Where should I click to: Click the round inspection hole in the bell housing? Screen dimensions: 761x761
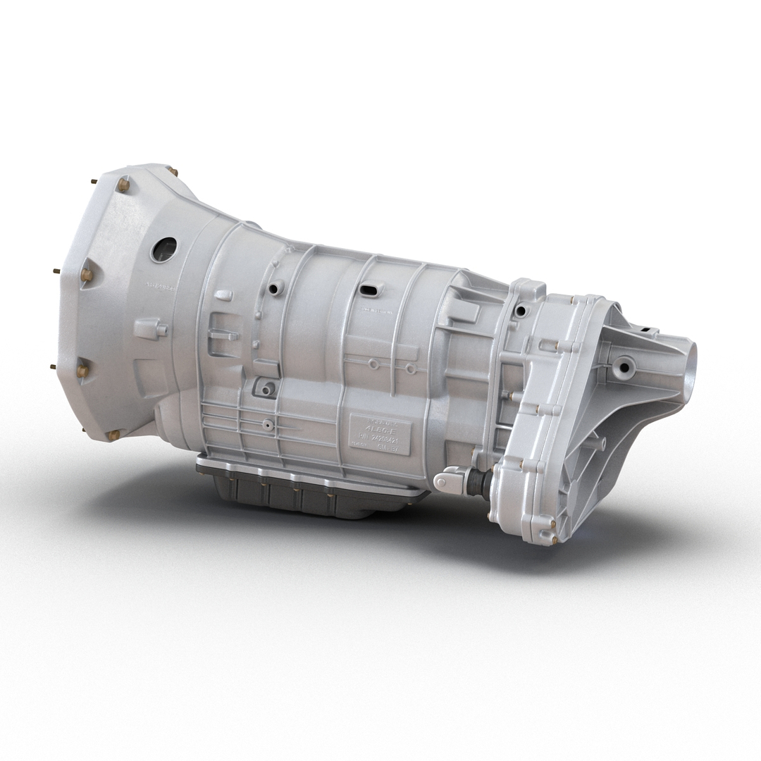pyautogui.click(x=163, y=249)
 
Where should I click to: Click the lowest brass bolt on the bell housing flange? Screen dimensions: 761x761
pyautogui.click(x=113, y=435)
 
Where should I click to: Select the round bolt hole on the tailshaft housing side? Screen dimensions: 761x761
pyautogui.click(x=623, y=366)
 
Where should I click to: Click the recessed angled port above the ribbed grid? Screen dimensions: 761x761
pyautogui.click(x=266, y=388)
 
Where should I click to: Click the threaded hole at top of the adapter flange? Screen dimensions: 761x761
pyautogui.click(x=521, y=311)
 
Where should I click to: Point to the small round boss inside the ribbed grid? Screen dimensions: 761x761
pyautogui.click(x=268, y=425)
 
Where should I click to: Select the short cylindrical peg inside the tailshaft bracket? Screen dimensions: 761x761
pyautogui.click(x=598, y=444)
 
